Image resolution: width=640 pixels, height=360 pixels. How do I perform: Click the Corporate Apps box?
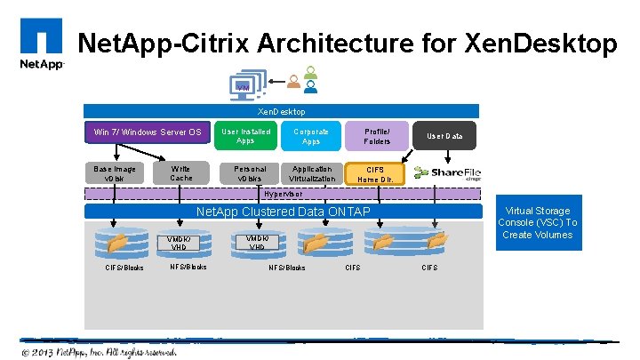(x=311, y=136)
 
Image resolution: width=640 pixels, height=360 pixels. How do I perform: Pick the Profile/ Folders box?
(x=377, y=136)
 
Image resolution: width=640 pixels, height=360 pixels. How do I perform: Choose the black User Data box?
(x=444, y=136)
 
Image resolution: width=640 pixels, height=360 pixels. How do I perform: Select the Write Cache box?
(x=180, y=173)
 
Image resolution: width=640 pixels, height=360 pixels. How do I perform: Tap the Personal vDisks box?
(x=245, y=173)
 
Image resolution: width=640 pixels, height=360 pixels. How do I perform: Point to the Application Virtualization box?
(x=311, y=173)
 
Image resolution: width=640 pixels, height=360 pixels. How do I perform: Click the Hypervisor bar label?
(x=282, y=192)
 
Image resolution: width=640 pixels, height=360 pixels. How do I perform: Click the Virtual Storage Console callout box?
(x=537, y=223)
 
